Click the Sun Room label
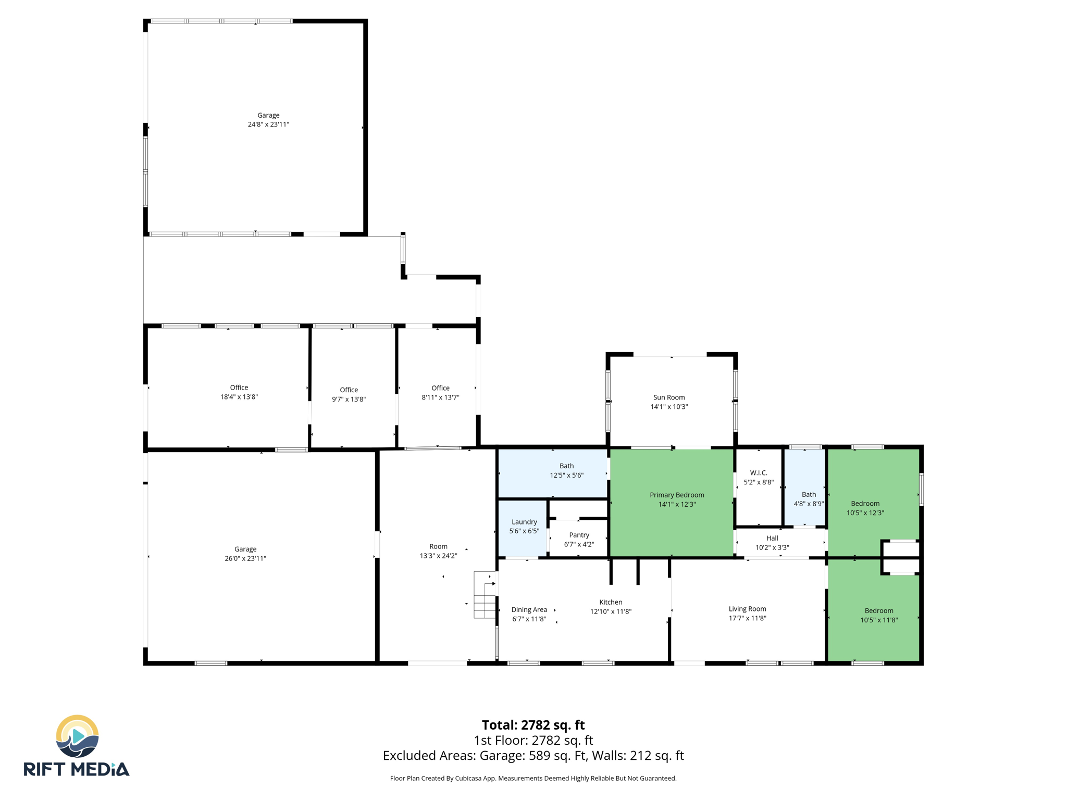669,397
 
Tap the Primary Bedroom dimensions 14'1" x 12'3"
677,504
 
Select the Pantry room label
579,535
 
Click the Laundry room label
524,522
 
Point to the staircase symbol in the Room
485,595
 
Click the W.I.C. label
759,473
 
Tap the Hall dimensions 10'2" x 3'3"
772,547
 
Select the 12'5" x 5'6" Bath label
566,466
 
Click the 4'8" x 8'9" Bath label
809,495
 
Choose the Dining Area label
529,609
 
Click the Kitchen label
611,602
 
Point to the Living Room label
747,609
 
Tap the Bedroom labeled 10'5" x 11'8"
879,611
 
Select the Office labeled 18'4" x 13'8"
239,387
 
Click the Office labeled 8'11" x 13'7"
440,388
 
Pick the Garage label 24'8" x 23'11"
268,115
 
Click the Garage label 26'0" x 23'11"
245,549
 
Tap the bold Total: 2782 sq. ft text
533,725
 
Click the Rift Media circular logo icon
77,736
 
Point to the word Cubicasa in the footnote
467,779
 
